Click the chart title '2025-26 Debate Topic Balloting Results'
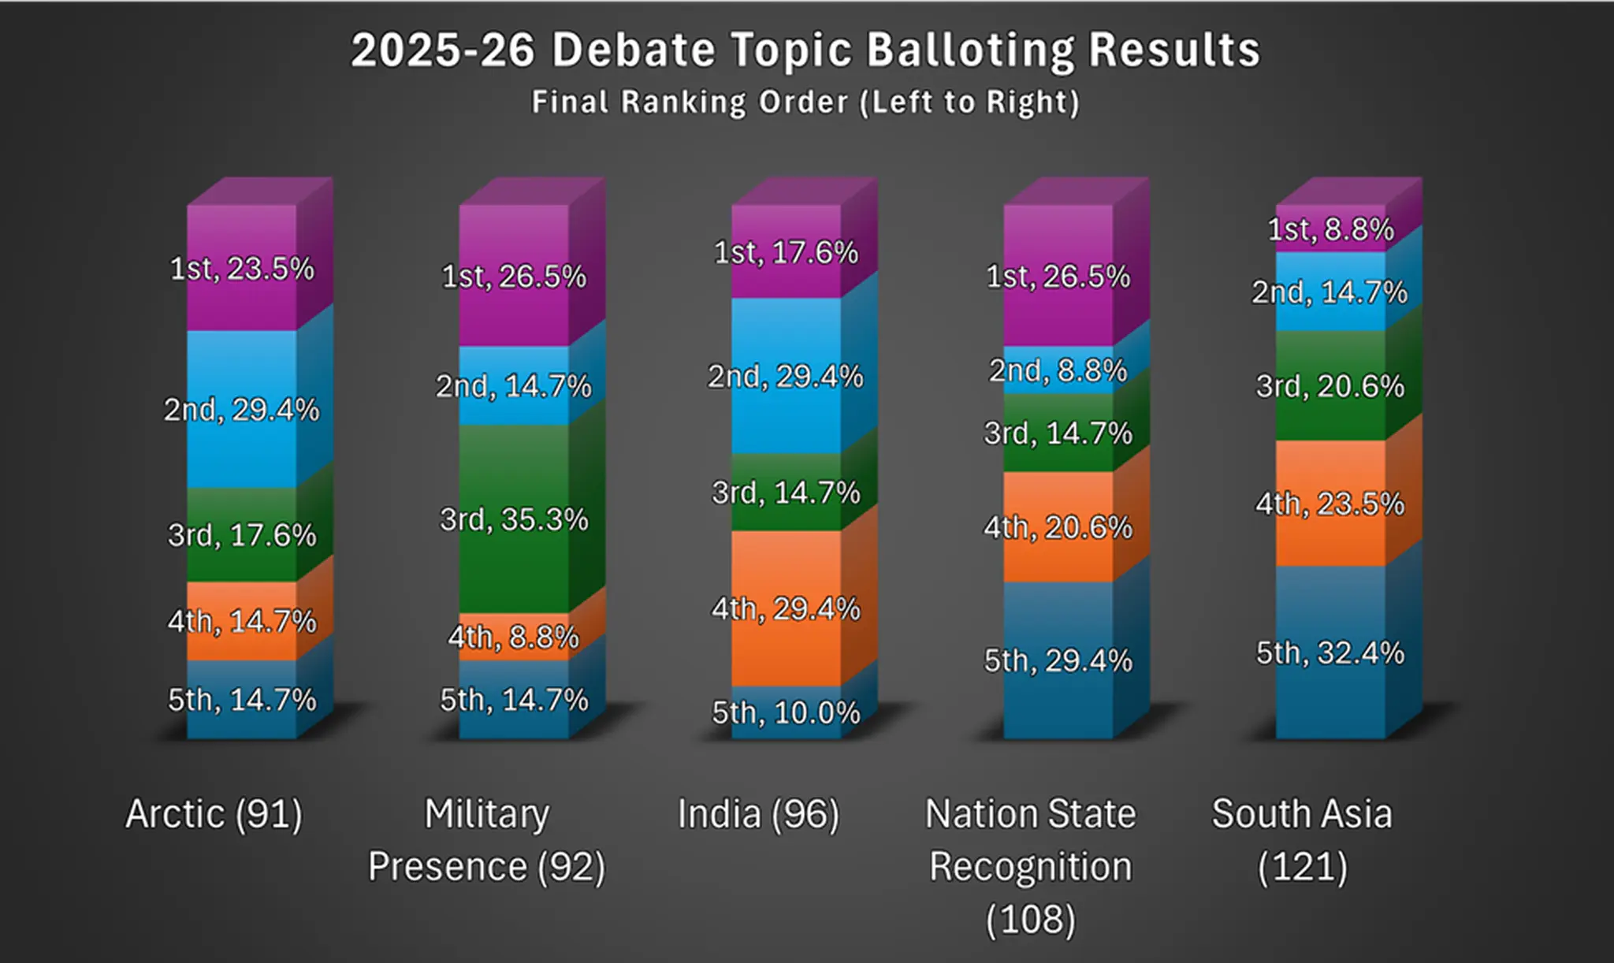click(805, 50)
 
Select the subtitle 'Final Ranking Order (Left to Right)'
click(805, 102)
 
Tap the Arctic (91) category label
click(214, 814)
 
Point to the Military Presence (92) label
click(487, 840)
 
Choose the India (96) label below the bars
click(759, 814)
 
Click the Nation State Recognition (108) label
click(1031, 867)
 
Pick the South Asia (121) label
click(1303, 840)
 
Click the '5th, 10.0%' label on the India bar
click(786, 713)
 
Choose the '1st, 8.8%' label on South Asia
click(1330, 229)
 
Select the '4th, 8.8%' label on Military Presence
click(514, 637)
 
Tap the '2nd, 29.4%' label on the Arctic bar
click(242, 410)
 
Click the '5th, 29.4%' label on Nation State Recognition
click(1058, 660)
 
